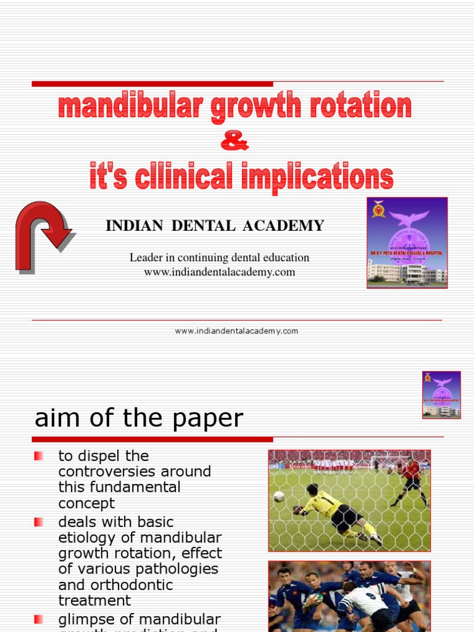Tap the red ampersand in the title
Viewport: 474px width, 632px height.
tap(235, 142)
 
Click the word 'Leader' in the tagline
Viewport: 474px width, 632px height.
tap(145, 257)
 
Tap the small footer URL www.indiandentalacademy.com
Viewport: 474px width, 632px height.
tap(236, 331)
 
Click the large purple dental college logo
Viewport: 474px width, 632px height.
tap(407, 243)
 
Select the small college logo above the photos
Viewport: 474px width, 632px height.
tap(441, 395)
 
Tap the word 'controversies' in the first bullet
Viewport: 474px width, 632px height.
tap(102, 472)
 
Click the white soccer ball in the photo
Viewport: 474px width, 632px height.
tap(279, 496)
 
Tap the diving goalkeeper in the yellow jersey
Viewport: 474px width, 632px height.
tap(333, 511)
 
